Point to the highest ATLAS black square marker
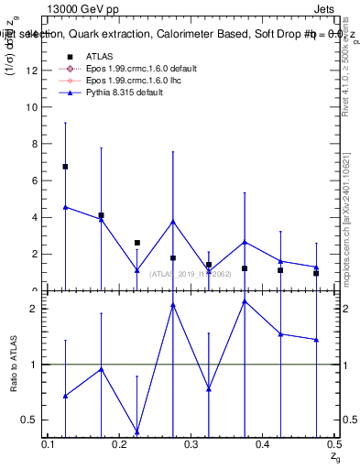65,167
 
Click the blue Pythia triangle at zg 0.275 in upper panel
172,222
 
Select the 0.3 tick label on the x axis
191,444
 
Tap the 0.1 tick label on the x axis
49,444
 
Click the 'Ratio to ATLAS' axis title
16,364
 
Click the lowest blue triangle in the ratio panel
136,431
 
